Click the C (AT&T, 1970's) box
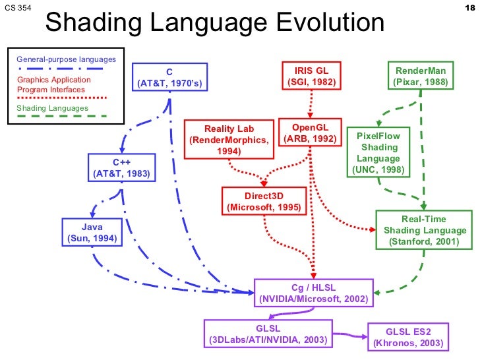(x=169, y=77)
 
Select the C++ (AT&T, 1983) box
(x=122, y=168)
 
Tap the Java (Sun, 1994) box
(x=92, y=233)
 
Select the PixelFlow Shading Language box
(x=378, y=152)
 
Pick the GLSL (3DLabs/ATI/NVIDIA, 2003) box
(x=268, y=334)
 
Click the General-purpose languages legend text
(x=66, y=59)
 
